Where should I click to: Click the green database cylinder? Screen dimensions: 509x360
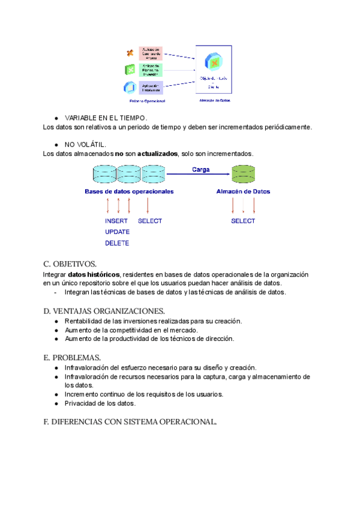(x=244, y=175)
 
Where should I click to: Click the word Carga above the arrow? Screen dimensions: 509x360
(x=200, y=169)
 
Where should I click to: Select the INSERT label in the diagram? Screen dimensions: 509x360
(x=116, y=221)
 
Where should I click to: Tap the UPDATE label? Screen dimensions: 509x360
(x=118, y=232)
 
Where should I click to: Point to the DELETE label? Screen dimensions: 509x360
(x=117, y=243)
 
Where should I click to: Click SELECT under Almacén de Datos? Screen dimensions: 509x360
(x=243, y=221)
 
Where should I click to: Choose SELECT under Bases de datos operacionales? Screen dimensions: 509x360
(x=150, y=221)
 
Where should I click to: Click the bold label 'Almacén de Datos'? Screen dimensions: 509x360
(x=243, y=192)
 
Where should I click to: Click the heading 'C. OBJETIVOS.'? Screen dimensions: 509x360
(x=70, y=264)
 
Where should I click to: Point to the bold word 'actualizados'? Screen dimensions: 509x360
(x=157, y=154)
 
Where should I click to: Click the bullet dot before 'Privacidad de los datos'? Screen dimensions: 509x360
(x=56, y=403)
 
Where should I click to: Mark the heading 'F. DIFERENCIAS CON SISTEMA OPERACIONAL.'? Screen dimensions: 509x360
(x=130, y=422)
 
